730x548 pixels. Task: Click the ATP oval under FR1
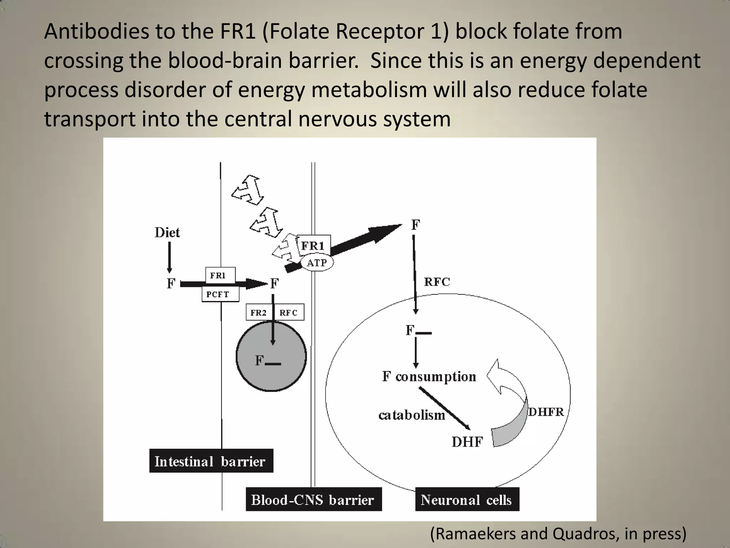[x=317, y=263]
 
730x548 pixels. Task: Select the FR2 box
[x=258, y=313]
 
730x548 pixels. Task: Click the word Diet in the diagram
[x=167, y=233]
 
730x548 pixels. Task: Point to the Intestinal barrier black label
[x=211, y=461]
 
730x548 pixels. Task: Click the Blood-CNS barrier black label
[x=313, y=499]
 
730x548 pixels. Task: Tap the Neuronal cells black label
[x=467, y=499]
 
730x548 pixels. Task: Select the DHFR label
[x=546, y=412]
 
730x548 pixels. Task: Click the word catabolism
[x=412, y=415]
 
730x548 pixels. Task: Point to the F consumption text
[x=429, y=377]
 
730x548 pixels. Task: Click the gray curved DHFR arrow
[x=513, y=428]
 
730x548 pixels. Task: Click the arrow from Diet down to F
[x=169, y=257]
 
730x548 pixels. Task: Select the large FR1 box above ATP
[x=314, y=245]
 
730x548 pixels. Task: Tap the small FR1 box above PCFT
[x=220, y=275]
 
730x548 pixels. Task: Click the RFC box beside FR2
[x=288, y=313]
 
